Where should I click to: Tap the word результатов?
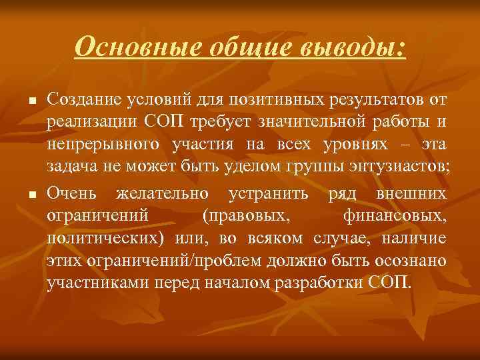pos(378,100)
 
